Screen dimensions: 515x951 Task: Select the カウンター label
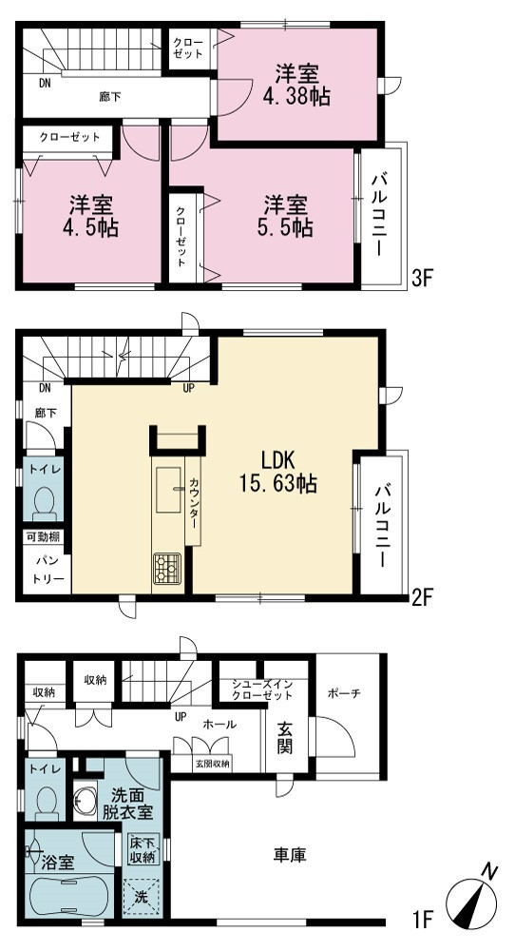click(x=193, y=500)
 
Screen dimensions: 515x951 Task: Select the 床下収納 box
click(x=143, y=849)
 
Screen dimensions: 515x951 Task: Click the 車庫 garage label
click(x=289, y=855)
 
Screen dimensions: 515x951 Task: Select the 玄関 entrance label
click(x=285, y=738)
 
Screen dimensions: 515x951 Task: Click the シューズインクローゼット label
click(x=263, y=689)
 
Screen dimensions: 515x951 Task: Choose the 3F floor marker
click(x=421, y=280)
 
